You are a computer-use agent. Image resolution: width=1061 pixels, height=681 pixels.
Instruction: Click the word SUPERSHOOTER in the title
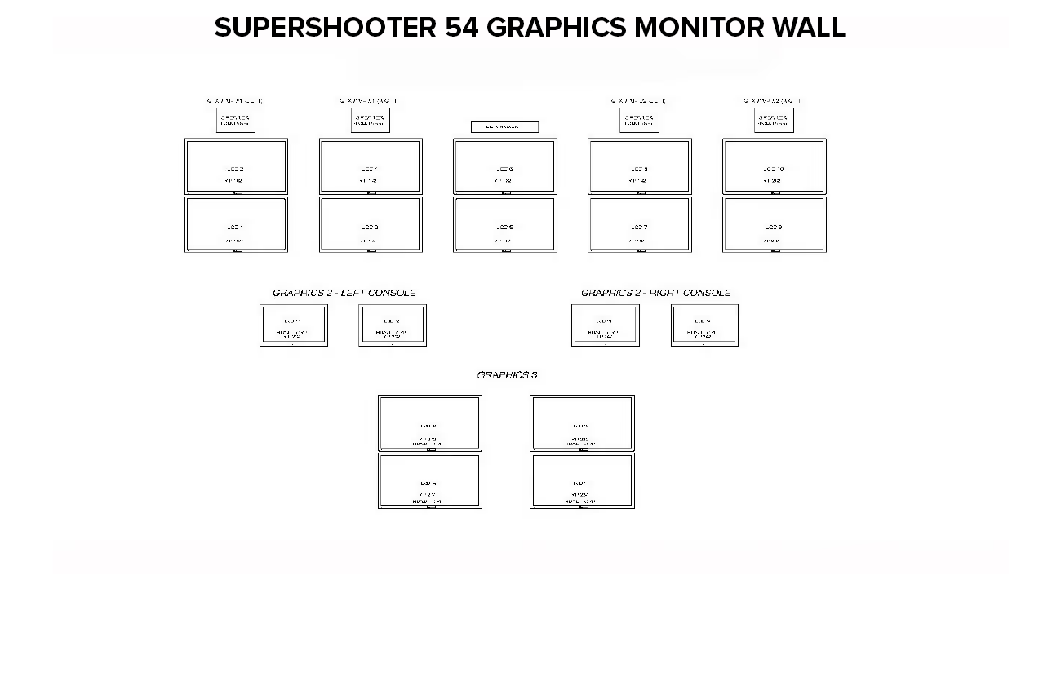(x=325, y=28)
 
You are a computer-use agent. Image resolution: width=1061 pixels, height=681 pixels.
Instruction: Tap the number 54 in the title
(x=462, y=28)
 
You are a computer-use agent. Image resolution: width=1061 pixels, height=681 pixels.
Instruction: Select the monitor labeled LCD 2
(x=236, y=166)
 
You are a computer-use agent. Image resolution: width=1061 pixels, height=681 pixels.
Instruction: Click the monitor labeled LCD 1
(x=236, y=224)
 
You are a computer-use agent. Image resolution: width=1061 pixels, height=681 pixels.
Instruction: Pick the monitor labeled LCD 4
(x=371, y=166)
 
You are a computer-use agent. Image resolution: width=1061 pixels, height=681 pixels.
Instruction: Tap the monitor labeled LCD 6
(x=505, y=166)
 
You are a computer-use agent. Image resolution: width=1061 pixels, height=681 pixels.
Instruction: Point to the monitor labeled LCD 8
(x=640, y=166)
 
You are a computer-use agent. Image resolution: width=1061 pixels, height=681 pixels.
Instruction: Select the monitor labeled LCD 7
(x=640, y=224)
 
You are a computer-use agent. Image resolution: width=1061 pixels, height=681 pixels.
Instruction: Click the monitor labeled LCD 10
(x=775, y=166)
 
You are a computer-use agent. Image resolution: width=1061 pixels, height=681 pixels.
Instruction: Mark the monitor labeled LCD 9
(x=775, y=224)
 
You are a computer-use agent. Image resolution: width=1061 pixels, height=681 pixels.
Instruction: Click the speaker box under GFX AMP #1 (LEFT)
(x=235, y=120)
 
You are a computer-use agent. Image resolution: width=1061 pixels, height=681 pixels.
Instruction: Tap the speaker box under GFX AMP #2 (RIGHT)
(x=774, y=120)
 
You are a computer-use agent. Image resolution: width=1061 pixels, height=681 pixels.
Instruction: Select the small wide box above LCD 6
(x=504, y=126)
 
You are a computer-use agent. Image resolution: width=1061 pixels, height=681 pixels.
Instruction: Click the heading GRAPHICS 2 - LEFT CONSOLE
(x=344, y=293)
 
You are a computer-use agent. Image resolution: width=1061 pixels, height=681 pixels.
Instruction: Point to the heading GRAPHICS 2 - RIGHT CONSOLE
(x=656, y=293)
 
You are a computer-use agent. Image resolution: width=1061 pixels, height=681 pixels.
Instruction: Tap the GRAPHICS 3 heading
(x=507, y=375)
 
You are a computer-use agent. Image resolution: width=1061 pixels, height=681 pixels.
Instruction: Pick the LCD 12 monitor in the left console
(x=393, y=325)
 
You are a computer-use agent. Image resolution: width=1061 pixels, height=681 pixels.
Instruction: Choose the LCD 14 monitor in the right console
(x=704, y=325)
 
